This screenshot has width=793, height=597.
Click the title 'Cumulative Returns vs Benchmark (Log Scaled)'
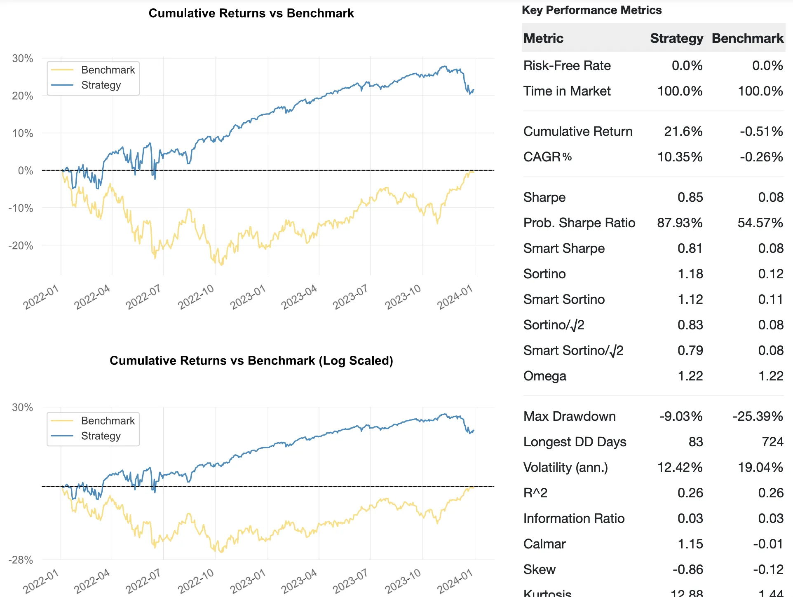click(x=251, y=361)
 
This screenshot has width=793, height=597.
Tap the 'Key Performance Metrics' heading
click(x=591, y=10)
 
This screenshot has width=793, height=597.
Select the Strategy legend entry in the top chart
click(x=101, y=85)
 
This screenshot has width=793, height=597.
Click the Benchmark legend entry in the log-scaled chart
click(x=108, y=421)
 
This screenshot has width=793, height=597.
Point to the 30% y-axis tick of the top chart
click(x=23, y=58)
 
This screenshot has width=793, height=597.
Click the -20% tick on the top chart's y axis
click(x=21, y=246)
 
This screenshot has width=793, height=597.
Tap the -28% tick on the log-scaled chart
click(x=21, y=560)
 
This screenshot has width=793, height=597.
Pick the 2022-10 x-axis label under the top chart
click(x=196, y=296)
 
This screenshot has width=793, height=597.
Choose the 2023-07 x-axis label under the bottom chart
click(x=350, y=581)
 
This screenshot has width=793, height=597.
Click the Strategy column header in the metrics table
click(x=676, y=38)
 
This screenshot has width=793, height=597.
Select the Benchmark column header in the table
click(x=747, y=38)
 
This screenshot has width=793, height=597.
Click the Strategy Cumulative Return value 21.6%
click(x=683, y=131)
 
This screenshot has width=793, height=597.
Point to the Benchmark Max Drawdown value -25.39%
click(x=758, y=416)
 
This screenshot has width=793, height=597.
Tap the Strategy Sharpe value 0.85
click(x=690, y=197)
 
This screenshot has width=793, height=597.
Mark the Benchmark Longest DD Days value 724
click(x=772, y=442)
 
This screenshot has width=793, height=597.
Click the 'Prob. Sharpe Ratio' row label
click(x=579, y=223)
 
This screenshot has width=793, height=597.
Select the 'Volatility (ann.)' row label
click(x=565, y=467)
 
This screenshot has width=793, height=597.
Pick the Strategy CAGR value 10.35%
click(x=680, y=157)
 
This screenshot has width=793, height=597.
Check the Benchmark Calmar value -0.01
click(x=768, y=544)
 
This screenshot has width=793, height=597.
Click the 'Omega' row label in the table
click(x=544, y=376)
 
